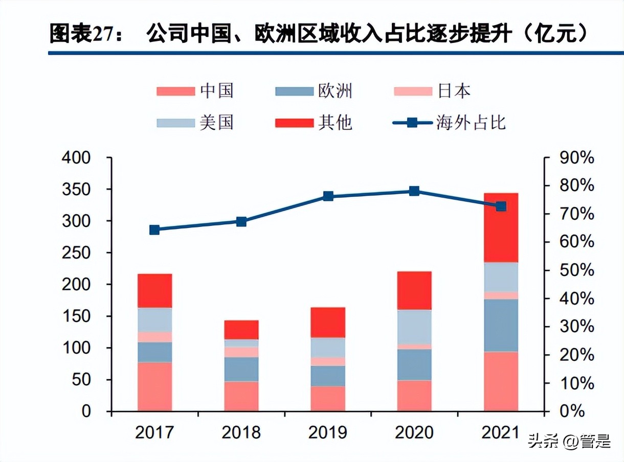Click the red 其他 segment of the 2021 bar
point(501,228)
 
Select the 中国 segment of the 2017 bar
point(154,386)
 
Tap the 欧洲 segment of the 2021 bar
point(501,326)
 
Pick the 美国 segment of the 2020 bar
point(414,327)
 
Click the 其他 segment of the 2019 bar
point(328,322)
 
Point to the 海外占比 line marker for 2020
point(414,191)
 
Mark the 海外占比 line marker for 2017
point(154,230)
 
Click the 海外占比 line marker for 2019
point(328,196)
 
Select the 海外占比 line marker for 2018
point(241,222)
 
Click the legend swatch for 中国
point(175,91)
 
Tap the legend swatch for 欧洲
point(294,91)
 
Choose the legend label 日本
point(454,91)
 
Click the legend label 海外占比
point(471,123)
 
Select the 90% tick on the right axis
point(576,158)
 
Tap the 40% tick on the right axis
point(576,298)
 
